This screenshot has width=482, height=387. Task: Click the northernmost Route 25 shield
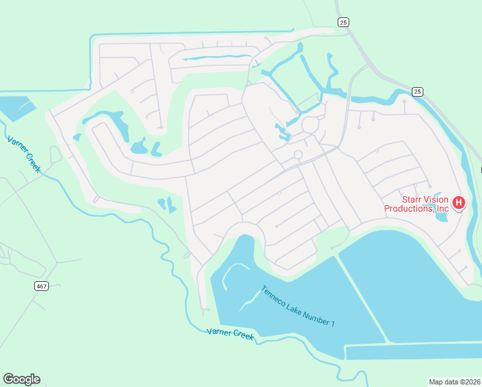(x=343, y=23)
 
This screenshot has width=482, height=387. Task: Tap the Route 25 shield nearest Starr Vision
(x=418, y=91)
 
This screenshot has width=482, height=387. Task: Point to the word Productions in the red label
(x=409, y=208)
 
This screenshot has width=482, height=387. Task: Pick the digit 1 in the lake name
(x=332, y=322)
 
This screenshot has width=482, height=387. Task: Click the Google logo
(x=21, y=379)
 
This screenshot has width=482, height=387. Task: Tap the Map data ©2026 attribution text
(x=454, y=381)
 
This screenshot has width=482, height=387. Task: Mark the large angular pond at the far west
(x=16, y=107)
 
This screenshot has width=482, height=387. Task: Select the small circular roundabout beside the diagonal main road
(x=298, y=155)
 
